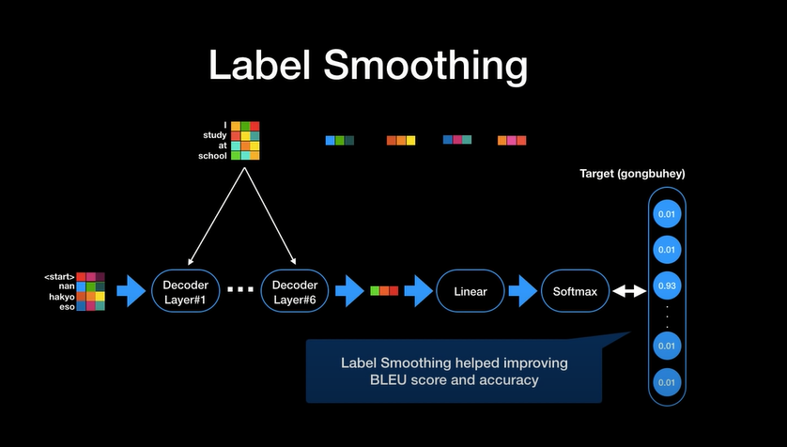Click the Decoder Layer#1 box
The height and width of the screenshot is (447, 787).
tap(186, 291)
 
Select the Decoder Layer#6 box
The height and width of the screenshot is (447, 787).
tap(296, 291)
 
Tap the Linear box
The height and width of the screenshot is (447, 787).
tap(470, 291)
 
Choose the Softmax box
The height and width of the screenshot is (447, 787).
tap(575, 291)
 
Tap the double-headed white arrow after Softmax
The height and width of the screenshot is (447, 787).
tap(628, 291)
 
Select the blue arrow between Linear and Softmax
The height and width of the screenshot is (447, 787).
tap(521, 291)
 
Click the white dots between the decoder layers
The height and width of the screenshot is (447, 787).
tap(240, 291)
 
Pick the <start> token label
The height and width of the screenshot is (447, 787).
tap(59, 277)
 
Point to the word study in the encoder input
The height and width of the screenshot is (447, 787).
tap(215, 135)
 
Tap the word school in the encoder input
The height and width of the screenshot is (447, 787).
tap(212, 156)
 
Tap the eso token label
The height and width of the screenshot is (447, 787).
tap(66, 305)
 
